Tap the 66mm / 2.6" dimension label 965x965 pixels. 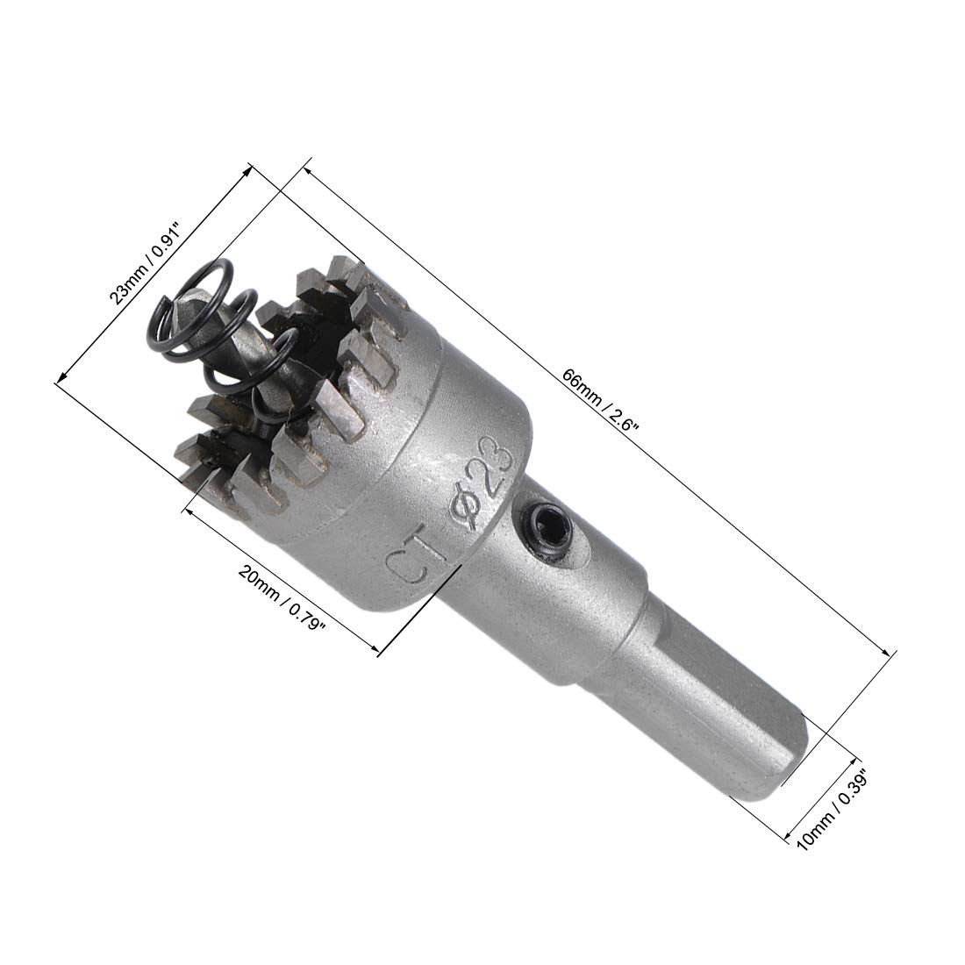(x=601, y=401)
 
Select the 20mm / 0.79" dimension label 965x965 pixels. (x=282, y=599)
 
